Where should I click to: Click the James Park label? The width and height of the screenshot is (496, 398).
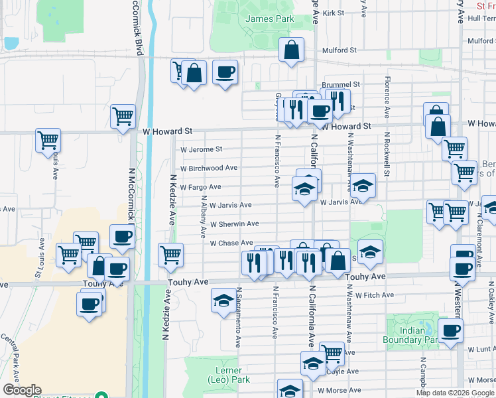[x=269, y=19]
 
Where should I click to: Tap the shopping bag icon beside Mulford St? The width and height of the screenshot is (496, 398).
[x=291, y=50]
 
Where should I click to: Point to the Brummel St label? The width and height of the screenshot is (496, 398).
[x=341, y=85]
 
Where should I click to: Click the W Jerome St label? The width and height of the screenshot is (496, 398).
[x=202, y=150]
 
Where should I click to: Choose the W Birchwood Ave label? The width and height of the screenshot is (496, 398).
[x=208, y=168]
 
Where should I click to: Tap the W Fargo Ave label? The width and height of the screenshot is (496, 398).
[x=200, y=187]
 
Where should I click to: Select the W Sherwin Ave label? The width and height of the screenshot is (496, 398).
[x=234, y=224]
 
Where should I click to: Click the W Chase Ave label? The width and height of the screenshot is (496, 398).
[x=231, y=243]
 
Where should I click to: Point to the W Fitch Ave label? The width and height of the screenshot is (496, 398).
[x=375, y=295]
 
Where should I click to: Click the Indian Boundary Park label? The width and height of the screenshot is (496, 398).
[x=411, y=334]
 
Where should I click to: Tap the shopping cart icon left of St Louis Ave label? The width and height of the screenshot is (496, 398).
[x=48, y=141]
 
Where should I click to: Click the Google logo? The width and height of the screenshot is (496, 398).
[x=22, y=391]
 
